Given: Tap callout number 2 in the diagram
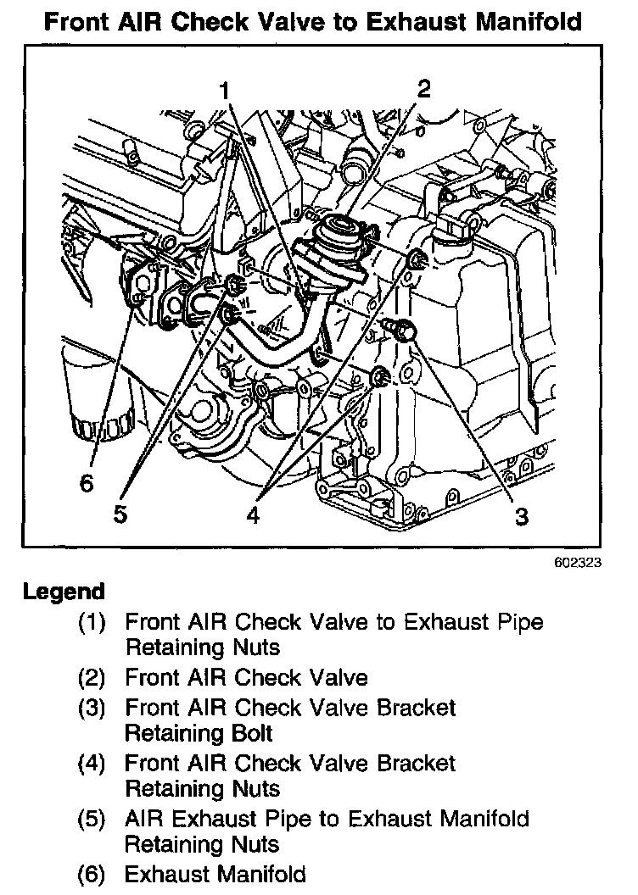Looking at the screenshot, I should tap(423, 88).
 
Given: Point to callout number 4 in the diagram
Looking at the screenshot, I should tap(253, 514).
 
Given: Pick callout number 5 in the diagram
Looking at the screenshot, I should tap(120, 514).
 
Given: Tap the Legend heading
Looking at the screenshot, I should tap(64, 592).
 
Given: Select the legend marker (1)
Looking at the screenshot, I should tap(92, 621).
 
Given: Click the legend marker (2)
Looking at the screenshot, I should tap(92, 677).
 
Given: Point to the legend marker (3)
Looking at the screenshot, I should tap(92, 706).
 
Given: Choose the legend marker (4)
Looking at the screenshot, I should tap(92, 762).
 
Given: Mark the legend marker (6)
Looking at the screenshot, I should tap(92, 874).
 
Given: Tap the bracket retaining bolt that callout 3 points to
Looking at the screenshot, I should tap(399, 330).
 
